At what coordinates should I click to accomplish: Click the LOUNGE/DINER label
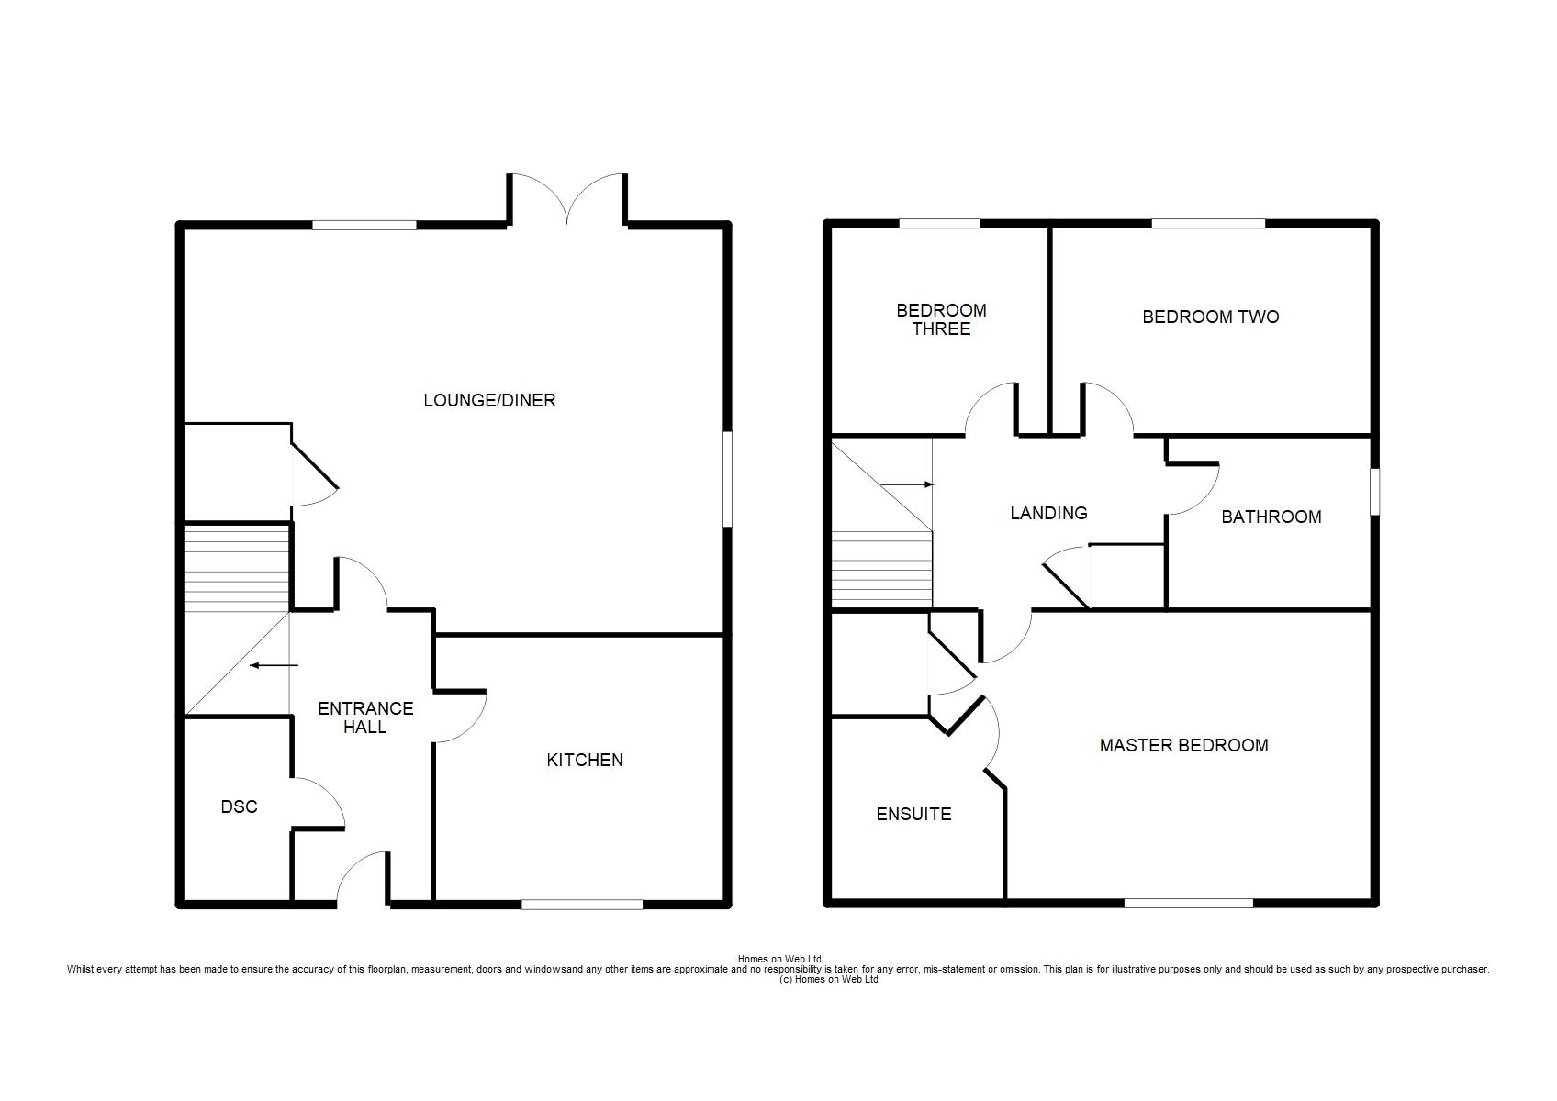click(x=489, y=400)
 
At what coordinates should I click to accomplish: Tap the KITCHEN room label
click(x=585, y=760)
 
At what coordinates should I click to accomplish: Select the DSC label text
click(x=239, y=806)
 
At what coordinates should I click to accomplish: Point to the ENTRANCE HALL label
click(x=365, y=717)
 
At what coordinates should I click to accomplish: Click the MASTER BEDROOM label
click(x=1183, y=745)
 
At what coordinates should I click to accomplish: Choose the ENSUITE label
click(x=913, y=814)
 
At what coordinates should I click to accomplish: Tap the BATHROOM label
click(x=1271, y=517)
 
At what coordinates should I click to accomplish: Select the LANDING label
click(x=1048, y=513)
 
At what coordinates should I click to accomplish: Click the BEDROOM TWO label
click(x=1211, y=317)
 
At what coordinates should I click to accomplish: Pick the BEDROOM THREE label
click(x=941, y=319)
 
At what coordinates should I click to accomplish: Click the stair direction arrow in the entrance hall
click(x=274, y=665)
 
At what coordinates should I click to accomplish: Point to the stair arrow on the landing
click(x=907, y=484)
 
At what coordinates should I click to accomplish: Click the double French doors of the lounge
click(x=567, y=198)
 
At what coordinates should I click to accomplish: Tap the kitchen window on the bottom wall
click(x=582, y=904)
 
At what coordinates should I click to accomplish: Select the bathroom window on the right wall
click(x=1374, y=492)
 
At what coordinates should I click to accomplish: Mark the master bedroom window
click(x=1189, y=903)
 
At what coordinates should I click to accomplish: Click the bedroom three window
click(x=939, y=224)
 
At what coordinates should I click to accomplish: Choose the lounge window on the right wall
click(x=727, y=479)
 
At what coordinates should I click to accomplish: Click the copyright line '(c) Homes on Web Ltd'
click(x=829, y=980)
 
